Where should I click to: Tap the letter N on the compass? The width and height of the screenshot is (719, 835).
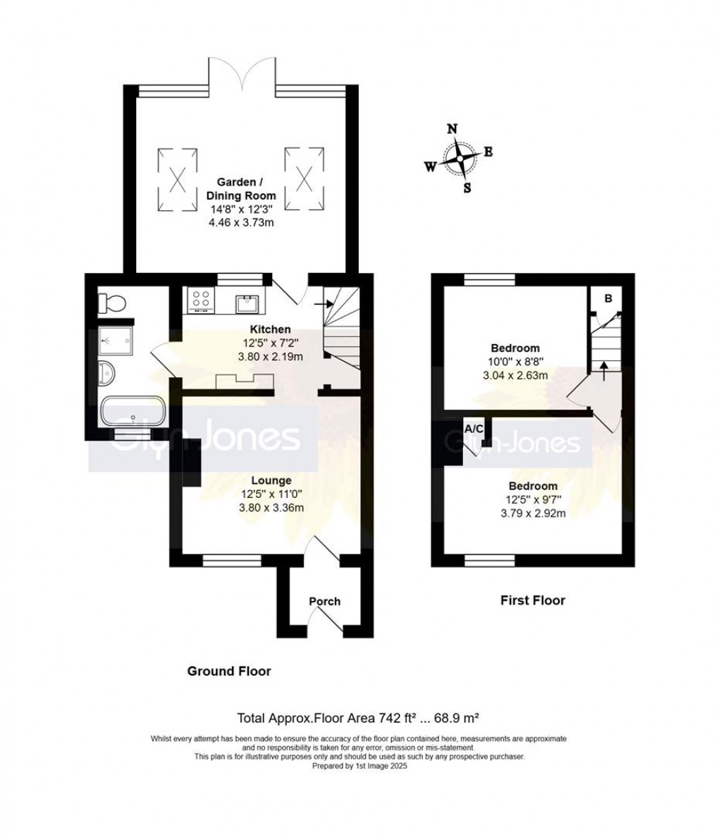click(453, 128)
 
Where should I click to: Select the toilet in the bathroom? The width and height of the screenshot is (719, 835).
click(111, 303)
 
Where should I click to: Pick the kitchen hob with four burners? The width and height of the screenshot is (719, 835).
click(201, 301)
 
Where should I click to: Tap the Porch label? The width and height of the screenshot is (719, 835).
click(324, 602)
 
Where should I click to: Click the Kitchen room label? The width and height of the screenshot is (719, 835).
click(271, 329)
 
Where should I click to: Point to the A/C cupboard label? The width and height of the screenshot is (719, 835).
click(472, 429)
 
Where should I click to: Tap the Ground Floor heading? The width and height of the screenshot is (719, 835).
click(228, 671)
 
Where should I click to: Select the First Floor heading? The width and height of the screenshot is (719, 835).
click(532, 601)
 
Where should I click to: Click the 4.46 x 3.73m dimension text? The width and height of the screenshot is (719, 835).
click(240, 221)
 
